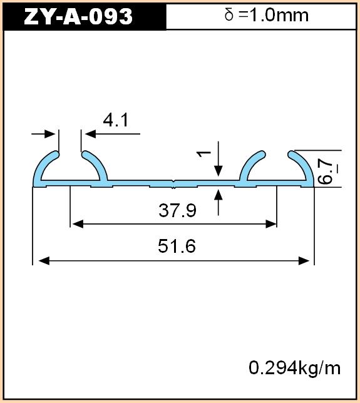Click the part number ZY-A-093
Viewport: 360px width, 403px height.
[x=78, y=16]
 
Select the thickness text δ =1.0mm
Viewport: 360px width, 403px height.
[x=267, y=15]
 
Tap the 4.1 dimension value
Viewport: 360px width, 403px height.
[x=115, y=120]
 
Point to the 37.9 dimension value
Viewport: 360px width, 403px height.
[x=177, y=210]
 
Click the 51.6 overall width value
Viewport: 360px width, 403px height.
[x=177, y=246]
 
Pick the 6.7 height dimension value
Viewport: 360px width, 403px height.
[x=326, y=171]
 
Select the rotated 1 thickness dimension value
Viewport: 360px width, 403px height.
[x=203, y=154]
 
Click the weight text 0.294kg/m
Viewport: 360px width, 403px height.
[x=295, y=368]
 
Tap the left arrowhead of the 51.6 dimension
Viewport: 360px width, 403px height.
[x=44, y=260]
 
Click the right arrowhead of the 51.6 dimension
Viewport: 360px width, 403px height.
[x=304, y=260]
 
